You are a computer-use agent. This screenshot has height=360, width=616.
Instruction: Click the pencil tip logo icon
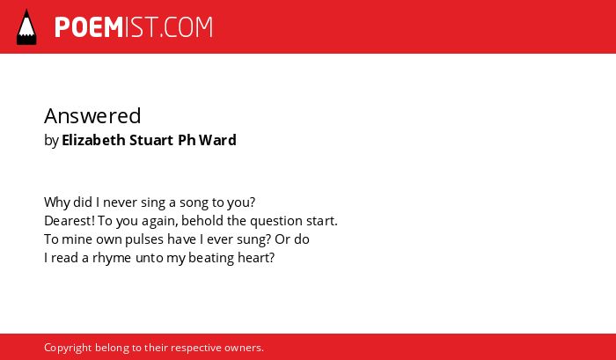26,26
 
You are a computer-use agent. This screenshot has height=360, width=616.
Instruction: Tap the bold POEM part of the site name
89,27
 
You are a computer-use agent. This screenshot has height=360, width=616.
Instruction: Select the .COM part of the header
186,27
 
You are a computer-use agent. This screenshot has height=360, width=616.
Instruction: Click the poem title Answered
92,115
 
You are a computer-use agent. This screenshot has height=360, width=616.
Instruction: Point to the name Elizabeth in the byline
93,140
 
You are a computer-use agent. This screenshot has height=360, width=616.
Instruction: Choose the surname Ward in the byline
217,140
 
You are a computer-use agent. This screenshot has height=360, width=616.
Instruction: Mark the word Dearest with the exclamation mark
70,221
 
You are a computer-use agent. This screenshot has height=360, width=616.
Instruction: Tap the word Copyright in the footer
68,349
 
